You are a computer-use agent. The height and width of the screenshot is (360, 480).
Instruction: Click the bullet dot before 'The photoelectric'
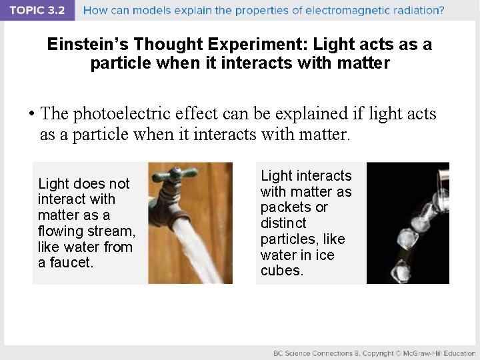click(x=31, y=114)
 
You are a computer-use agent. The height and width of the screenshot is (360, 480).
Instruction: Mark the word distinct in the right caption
click(x=283, y=223)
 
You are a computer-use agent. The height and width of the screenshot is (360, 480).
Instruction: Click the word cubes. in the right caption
click(x=281, y=271)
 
